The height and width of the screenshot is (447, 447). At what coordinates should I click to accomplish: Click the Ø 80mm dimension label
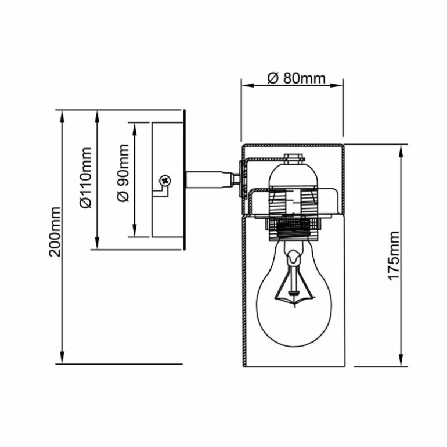[x=297, y=78]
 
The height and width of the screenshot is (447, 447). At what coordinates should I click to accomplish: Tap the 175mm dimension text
[x=394, y=256]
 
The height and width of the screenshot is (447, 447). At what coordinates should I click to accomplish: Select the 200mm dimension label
[x=55, y=232]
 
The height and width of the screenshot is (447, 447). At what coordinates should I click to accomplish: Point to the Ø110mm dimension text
[x=85, y=178]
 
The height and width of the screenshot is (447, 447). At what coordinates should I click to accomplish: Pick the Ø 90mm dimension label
[x=123, y=173]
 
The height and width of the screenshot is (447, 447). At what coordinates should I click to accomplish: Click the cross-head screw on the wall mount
[x=165, y=181]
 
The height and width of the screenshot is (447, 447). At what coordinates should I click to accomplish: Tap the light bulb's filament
[x=294, y=282]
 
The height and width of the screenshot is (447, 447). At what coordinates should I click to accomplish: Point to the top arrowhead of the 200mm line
[x=62, y=117]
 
